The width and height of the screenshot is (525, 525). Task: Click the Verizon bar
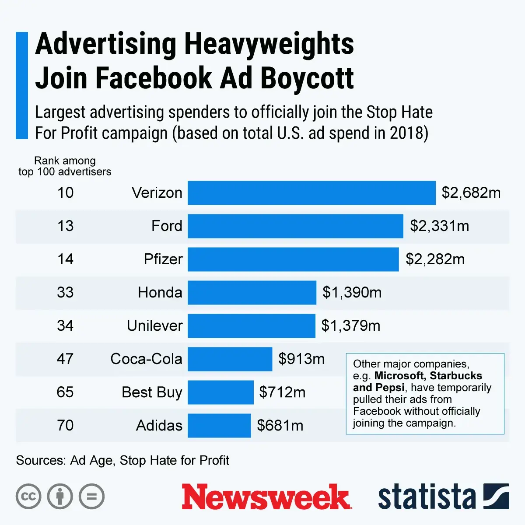click(311, 193)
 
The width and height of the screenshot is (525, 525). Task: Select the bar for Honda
click(252, 293)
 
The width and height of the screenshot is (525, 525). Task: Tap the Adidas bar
click(219, 426)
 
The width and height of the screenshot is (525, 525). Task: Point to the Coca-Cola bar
click(230, 359)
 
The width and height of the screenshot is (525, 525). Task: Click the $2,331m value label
click(439, 226)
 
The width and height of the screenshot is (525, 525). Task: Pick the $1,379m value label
click(350, 326)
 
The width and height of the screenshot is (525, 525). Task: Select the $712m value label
click(282, 392)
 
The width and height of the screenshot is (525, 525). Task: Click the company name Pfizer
click(163, 259)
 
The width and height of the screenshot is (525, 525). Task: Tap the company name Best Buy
click(152, 392)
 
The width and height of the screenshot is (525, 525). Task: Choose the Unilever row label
click(154, 326)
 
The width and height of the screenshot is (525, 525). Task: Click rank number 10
click(65, 193)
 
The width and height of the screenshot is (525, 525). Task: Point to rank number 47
click(65, 359)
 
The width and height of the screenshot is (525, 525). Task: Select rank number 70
click(65, 426)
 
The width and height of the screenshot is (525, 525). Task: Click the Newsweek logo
click(266, 497)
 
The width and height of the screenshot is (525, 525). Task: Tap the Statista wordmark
click(427, 497)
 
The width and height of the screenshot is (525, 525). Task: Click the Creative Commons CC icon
click(28, 497)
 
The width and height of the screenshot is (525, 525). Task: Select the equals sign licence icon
click(91, 497)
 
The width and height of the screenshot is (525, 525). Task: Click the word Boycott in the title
click(307, 78)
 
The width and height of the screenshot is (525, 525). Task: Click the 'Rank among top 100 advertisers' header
click(65, 166)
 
